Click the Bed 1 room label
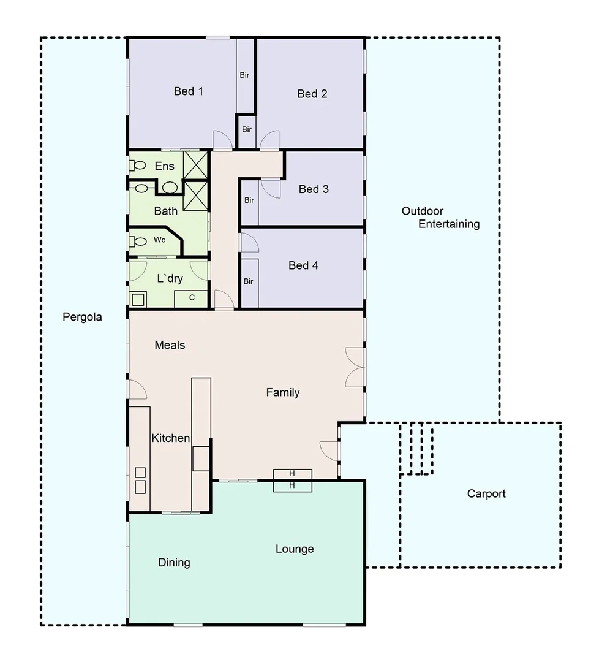(188, 91)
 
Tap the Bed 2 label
(312, 94)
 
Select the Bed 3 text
(314, 189)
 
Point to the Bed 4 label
(303, 265)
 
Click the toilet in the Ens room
(138, 165)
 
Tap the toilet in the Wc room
(138, 241)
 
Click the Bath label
(166, 211)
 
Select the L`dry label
(170, 278)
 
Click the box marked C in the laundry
(192, 298)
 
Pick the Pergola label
(82, 317)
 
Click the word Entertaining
(449, 224)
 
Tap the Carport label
(486, 493)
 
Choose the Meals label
(170, 345)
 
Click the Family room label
(282, 392)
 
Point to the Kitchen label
(170, 438)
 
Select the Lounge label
(295, 549)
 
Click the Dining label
(174, 563)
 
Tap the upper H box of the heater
(292, 474)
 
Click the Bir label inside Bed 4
(249, 281)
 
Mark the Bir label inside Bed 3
(249, 200)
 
